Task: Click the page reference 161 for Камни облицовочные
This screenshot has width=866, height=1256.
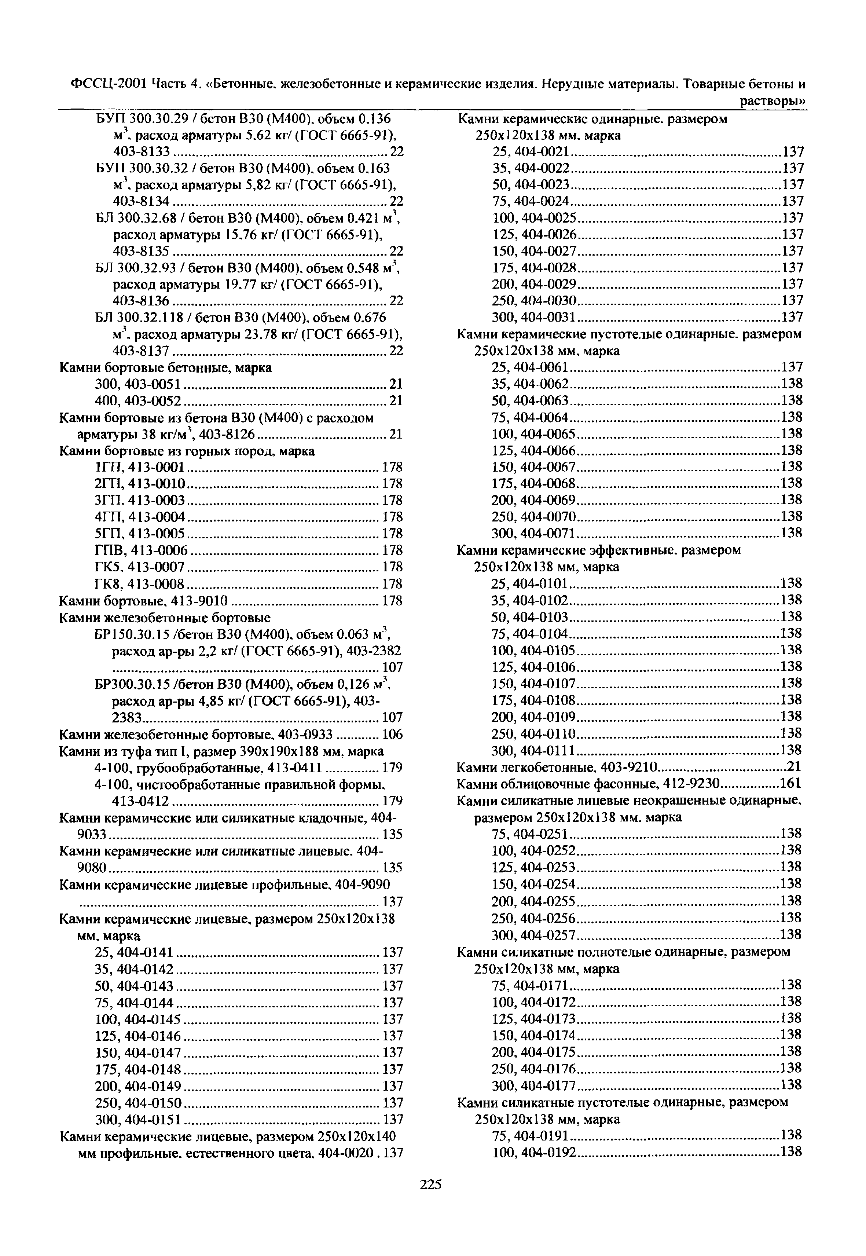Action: [791, 783]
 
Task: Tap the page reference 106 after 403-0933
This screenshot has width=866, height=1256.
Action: [392, 735]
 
